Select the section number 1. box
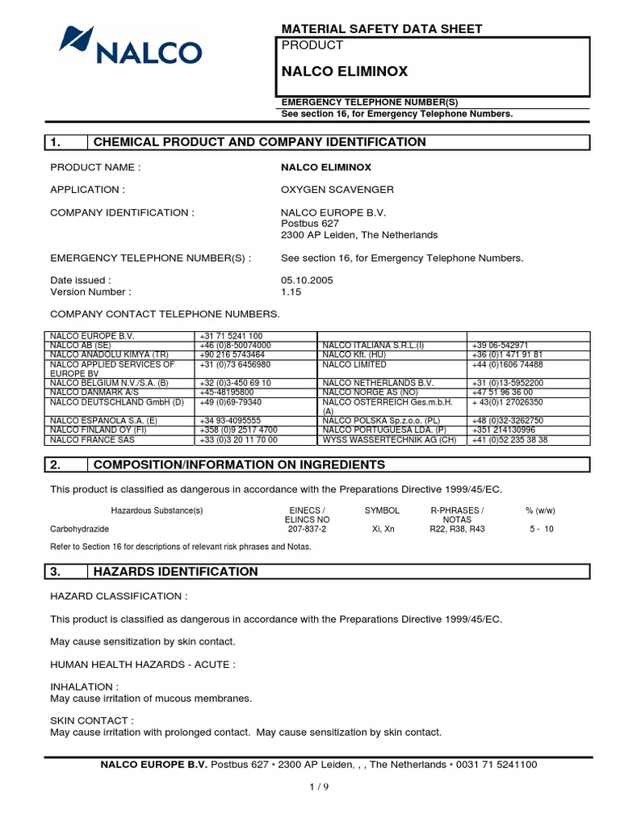[65, 142]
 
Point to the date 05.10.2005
[308, 280]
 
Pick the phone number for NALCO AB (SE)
[235, 345]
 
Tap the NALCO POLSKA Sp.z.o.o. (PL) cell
[380, 421]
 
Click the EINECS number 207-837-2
[307, 529]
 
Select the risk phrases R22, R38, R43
[457, 529]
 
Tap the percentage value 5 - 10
[541, 529]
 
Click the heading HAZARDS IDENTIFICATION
[176, 572]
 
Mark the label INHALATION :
[79, 687]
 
